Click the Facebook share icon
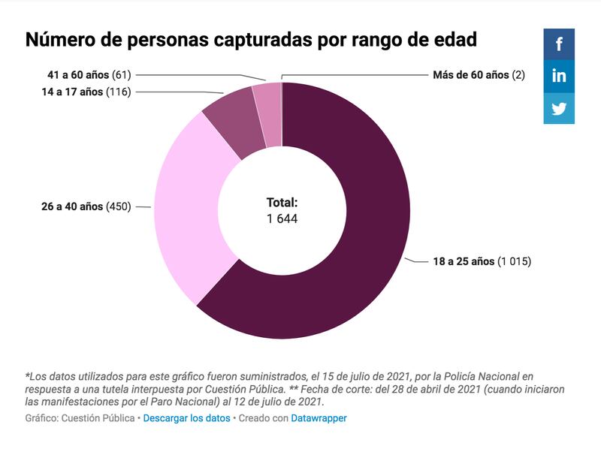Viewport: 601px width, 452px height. coord(559,44)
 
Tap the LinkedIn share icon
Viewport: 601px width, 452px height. coord(559,76)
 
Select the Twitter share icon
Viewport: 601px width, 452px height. coord(559,108)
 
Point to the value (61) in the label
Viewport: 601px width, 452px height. coord(121,75)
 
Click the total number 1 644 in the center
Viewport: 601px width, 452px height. coord(282,219)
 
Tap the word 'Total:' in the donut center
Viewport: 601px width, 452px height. coord(282,203)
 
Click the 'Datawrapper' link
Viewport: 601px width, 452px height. coord(319,418)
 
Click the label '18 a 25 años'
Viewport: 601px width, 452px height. coord(464,261)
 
